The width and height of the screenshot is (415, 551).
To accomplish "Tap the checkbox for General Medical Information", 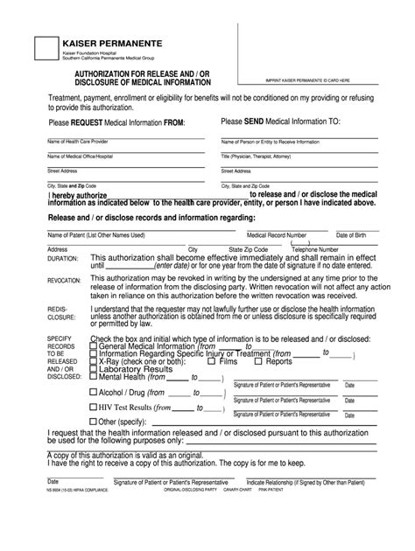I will [x=94, y=345].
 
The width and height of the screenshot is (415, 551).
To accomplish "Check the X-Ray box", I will [x=94, y=361].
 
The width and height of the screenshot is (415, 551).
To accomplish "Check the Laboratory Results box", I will [x=94, y=370].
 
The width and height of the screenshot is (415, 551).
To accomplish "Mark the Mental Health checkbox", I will [x=94, y=379].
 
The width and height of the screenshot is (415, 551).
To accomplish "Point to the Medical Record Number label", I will [x=277, y=235].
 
